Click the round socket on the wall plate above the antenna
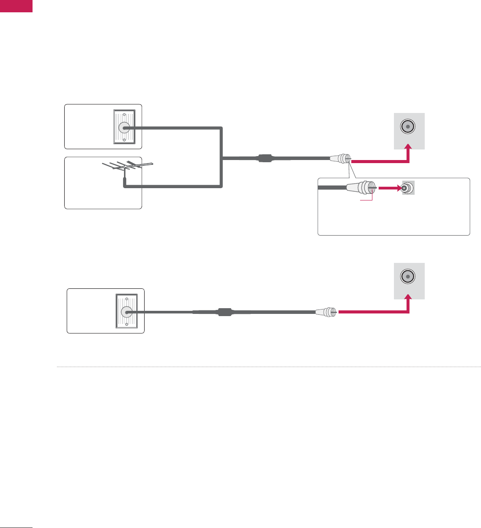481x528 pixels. [124, 127]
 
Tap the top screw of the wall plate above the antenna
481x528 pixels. [124, 113]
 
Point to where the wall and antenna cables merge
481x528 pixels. [223, 158]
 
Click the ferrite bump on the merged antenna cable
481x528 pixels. [266, 158]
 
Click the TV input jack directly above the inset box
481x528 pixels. [408, 127]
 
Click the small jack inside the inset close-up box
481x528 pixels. [408, 188]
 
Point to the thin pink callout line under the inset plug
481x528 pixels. [368, 201]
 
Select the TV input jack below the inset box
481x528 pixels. [408, 277]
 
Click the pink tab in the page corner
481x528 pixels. [16, 6]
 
